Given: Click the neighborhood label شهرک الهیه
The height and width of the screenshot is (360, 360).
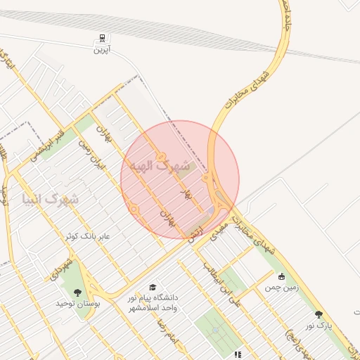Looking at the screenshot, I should [x=160, y=166].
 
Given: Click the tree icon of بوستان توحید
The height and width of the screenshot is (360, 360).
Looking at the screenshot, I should [x=77, y=292].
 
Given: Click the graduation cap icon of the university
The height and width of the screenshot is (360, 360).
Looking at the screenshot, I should [x=153, y=287].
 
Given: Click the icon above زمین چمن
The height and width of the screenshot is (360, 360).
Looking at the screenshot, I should [x=282, y=276].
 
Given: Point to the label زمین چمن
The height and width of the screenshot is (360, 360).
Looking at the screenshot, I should [x=282, y=287].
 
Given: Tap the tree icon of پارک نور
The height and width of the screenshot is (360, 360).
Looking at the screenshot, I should [x=319, y=314].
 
